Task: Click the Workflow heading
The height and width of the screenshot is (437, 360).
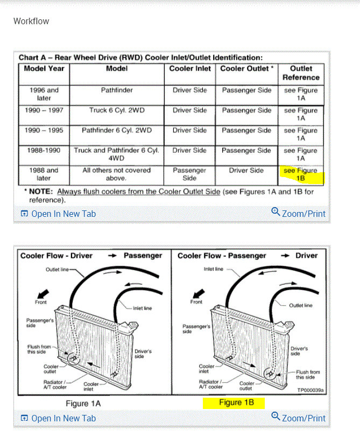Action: click(31, 22)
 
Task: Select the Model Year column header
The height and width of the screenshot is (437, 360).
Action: click(44, 69)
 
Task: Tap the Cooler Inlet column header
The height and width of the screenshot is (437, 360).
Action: click(190, 69)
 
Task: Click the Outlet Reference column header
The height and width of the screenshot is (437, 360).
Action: click(301, 73)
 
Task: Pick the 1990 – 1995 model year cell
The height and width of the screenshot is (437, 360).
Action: click(44, 130)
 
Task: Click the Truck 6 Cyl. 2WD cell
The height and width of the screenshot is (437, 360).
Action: click(117, 110)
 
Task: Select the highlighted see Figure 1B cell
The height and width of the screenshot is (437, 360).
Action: click(301, 174)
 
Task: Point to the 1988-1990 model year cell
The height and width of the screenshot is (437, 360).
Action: click(44, 151)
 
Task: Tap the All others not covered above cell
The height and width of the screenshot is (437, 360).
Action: click(117, 174)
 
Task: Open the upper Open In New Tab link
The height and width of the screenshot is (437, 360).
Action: click(58, 214)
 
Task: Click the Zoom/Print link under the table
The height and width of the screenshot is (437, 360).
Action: click(299, 214)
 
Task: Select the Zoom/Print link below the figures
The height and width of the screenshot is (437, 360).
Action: click(299, 418)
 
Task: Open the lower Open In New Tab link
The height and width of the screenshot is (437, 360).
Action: click(58, 418)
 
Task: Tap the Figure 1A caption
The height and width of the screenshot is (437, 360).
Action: click(83, 403)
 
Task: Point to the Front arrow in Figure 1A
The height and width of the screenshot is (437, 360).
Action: click(43, 295)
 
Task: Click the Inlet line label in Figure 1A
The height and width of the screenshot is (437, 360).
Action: click(143, 308)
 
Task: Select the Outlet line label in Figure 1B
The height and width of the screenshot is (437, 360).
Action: click(300, 305)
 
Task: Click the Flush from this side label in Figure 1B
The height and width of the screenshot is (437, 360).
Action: click(308, 375)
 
